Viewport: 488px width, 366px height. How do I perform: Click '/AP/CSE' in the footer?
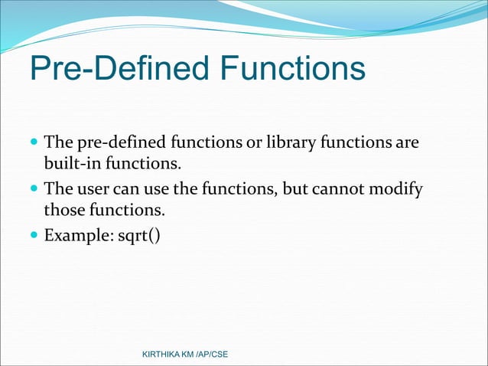click(x=212, y=355)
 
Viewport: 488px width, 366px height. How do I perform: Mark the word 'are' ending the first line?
click(x=408, y=143)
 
